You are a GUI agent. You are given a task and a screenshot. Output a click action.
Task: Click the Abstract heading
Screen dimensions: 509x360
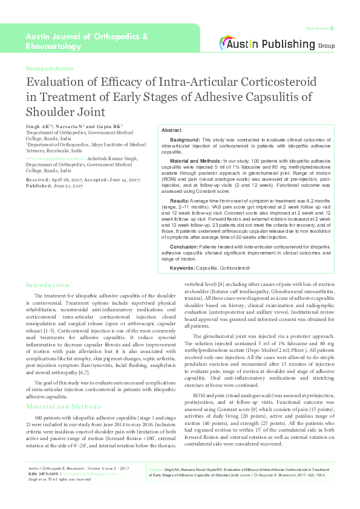coord(171,131)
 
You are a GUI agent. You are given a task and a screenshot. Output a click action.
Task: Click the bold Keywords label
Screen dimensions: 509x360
coord(182,267)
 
